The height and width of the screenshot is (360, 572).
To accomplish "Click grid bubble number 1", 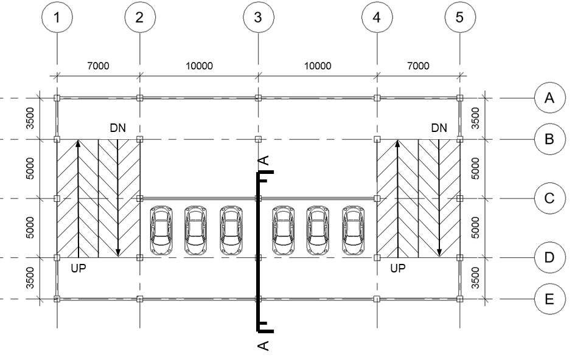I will [57, 18].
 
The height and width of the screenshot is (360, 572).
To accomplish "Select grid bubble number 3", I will [258, 18].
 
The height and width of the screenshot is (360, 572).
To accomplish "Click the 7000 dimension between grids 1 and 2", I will [98, 66].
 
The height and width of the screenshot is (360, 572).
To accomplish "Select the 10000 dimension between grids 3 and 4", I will [317, 66].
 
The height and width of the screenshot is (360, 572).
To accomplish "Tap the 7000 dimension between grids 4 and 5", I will [418, 66].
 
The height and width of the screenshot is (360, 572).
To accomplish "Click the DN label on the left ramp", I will [118, 128].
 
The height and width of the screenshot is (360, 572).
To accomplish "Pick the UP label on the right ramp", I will [397, 268].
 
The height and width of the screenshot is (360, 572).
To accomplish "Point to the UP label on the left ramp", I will [78, 268].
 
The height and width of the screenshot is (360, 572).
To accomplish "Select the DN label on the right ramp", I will [439, 128].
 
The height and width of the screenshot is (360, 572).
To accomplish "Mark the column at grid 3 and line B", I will [258, 139].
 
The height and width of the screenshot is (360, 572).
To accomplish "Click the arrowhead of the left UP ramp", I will [78, 144].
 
